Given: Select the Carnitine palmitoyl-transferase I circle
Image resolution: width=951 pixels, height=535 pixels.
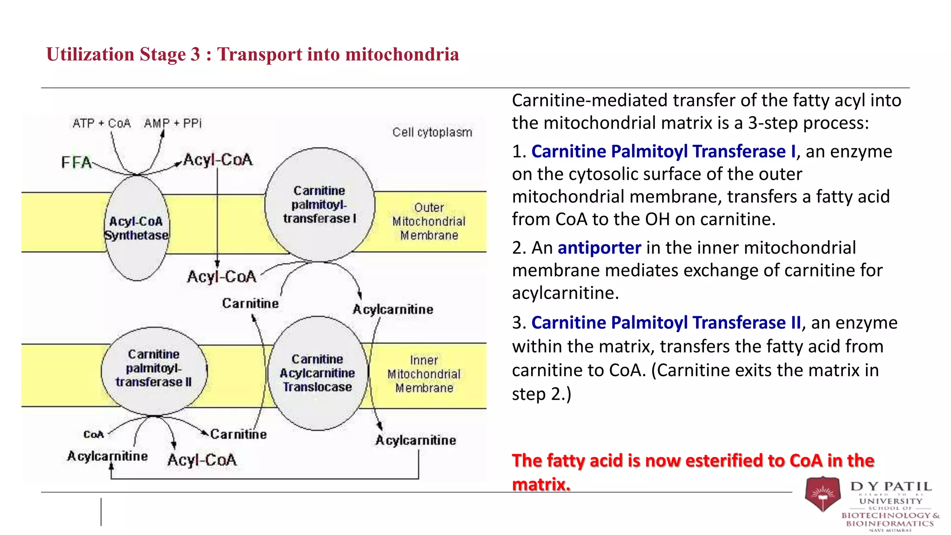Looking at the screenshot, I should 319,205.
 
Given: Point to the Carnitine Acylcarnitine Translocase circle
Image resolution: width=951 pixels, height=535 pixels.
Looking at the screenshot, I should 318,373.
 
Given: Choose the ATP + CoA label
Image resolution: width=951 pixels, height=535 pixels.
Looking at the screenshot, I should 102,124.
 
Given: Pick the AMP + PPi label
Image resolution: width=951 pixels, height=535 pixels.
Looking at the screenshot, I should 173,124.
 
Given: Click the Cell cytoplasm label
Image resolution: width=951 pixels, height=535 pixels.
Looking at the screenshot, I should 432,132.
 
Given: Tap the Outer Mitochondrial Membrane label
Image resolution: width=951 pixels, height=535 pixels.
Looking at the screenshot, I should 429,222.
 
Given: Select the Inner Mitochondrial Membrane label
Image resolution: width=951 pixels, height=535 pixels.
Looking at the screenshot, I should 424,374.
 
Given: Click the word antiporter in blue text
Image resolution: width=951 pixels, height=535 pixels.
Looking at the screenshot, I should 599,248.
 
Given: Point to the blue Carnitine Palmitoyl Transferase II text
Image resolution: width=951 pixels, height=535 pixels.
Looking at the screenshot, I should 666,323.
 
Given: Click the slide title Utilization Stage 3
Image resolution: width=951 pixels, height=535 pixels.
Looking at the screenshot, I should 253,54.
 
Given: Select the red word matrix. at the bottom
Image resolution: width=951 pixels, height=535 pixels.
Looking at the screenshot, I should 541,484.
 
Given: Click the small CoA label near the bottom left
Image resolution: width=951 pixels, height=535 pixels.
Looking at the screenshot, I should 94,435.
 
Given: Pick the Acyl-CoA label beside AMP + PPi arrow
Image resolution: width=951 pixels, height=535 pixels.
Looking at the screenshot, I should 218,160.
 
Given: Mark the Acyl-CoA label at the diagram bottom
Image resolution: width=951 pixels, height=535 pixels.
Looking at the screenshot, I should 202,460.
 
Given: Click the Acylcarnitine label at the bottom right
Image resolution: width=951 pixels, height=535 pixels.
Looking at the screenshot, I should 416,440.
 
